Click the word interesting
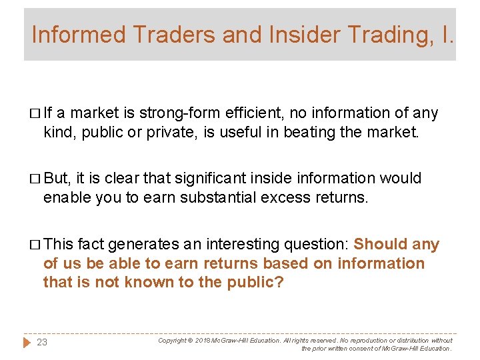(x=236, y=245)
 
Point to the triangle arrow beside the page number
(x=27, y=343)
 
